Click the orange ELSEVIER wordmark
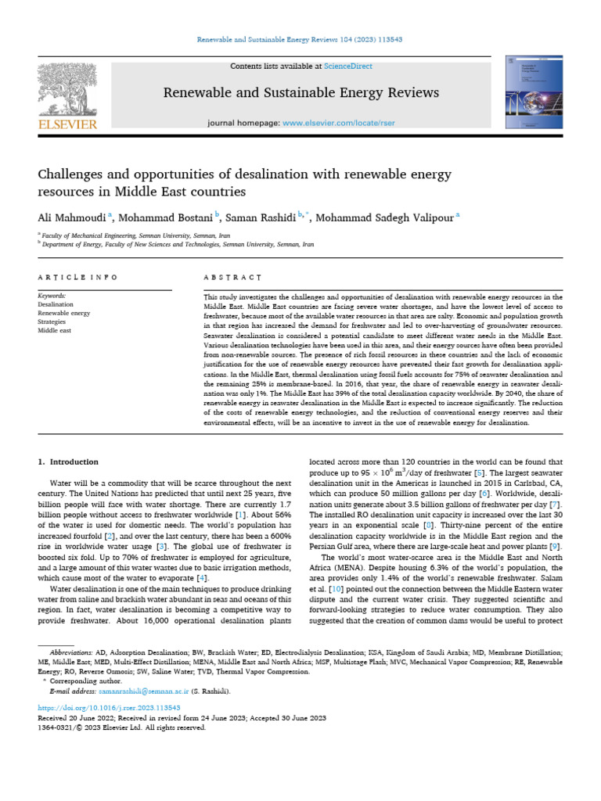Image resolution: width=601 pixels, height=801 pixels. (67, 124)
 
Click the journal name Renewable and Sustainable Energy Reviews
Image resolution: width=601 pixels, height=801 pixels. (300, 93)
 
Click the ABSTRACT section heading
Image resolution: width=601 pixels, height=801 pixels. (232, 278)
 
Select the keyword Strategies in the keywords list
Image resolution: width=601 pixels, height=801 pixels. (52, 321)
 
